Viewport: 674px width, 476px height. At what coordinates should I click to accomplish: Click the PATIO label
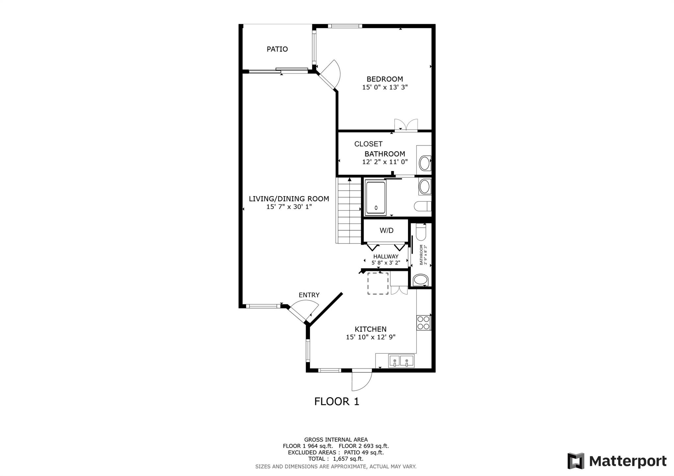[x=277, y=49]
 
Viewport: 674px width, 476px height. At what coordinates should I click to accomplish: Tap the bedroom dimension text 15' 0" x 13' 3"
[x=385, y=87]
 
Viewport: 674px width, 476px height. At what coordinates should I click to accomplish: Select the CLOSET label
[x=368, y=144]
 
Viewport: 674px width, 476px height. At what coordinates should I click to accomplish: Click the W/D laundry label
[x=386, y=231]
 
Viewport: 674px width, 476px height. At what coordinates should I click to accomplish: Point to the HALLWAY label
[x=386, y=256]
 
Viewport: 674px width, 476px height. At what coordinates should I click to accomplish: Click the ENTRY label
[x=309, y=295]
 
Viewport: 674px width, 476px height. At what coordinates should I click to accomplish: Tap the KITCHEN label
[x=370, y=329]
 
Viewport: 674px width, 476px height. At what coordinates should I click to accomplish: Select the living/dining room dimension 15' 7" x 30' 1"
[x=289, y=207]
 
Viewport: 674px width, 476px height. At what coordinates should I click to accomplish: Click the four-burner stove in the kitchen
[x=423, y=322]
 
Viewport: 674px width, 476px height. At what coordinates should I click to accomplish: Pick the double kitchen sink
[x=401, y=361]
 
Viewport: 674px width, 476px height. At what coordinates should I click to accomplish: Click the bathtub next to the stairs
[x=375, y=198]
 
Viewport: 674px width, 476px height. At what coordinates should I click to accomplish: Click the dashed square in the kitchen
[x=377, y=283]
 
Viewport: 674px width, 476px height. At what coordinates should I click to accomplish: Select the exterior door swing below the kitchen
[x=361, y=380]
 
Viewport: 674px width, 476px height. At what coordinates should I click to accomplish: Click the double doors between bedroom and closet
[x=406, y=125]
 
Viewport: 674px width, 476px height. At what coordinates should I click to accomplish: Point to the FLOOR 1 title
[x=336, y=401]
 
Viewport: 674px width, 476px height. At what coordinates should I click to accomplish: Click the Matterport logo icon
[x=576, y=461]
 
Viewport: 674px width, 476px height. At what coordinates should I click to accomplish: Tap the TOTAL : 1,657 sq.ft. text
[x=336, y=459]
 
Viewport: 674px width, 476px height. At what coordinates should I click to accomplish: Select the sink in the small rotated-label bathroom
[x=420, y=280]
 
